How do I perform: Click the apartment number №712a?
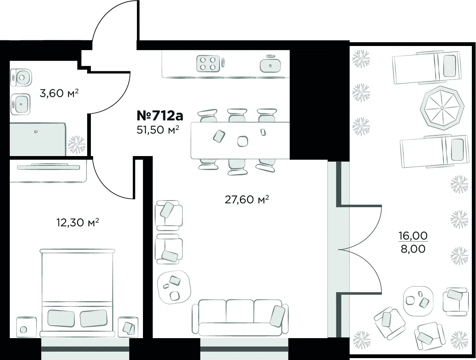[x=160, y=116]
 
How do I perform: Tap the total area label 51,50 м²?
[x=158, y=130]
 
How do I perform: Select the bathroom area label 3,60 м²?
[x=59, y=93]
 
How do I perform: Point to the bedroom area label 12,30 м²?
[x=78, y=222]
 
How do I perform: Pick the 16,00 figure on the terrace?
[x=413, y=236]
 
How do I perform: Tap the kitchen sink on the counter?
[x=270, y=64]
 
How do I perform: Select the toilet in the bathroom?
[x=21, y=78]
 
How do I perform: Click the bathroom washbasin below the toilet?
[x=20, y=104]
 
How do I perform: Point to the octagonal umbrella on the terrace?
[x=442, y=108]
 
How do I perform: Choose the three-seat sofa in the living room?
[x=240, y=317]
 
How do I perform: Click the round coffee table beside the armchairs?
[x=174, y=287]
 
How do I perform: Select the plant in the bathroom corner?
[x=76, y=145]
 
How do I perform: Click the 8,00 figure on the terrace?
[x=413, y=249]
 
